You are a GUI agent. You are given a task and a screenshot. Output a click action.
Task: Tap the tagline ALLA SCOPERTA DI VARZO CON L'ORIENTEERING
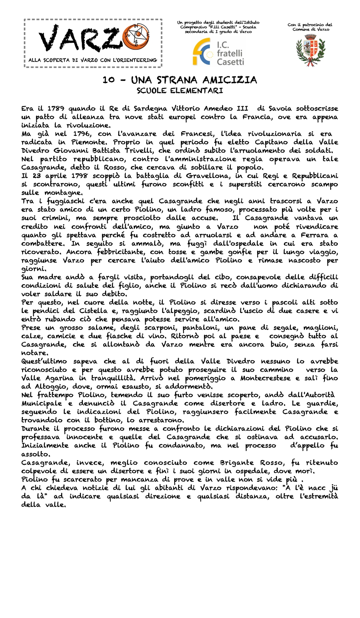pyautogui.click(x=92, y=60)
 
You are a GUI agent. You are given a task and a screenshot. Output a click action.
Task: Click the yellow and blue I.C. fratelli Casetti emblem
pyautogui.click(x=203, y=52)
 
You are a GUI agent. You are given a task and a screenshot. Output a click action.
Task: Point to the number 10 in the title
pyautogui.click(x=109, y=80)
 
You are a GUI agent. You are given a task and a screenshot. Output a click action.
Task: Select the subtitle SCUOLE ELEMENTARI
pyautogui.click(x=180, y=91)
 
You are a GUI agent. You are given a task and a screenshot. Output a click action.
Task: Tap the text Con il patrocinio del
pyautogui.click(x=310, y=25)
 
